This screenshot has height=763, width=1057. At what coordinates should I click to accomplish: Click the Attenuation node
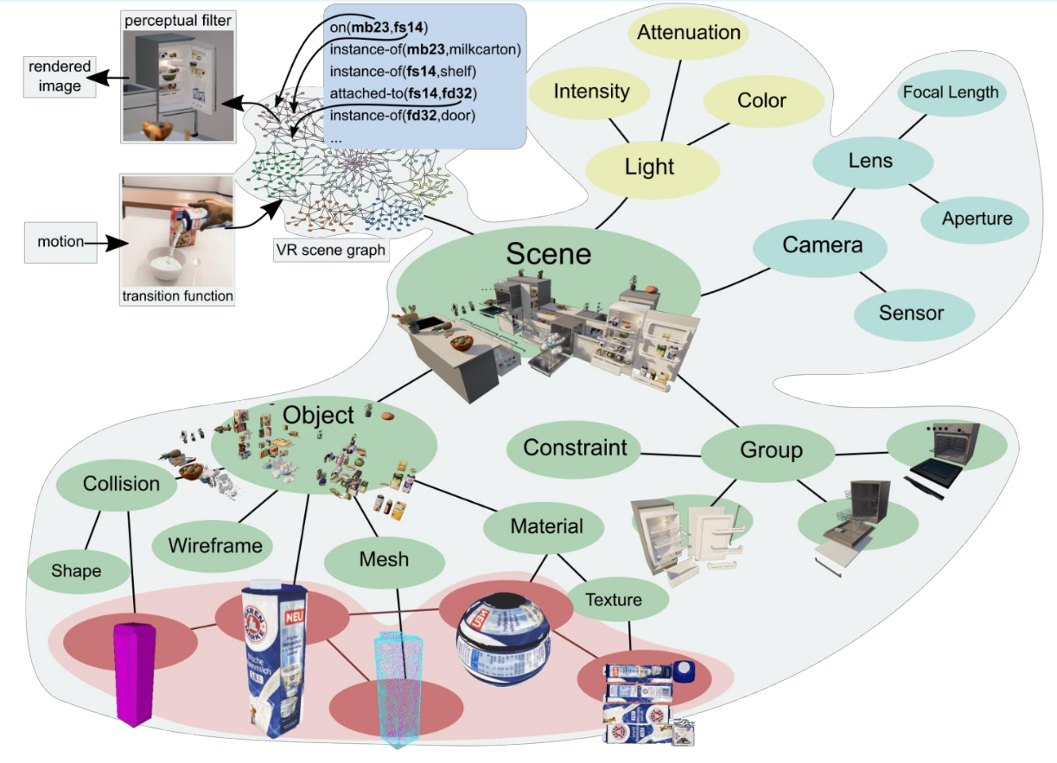[689, 34]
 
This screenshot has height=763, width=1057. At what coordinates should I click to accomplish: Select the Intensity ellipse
[591, 92]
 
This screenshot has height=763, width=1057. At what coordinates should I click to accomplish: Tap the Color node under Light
[761, 101]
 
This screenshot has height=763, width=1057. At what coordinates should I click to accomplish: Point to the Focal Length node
[950, 92]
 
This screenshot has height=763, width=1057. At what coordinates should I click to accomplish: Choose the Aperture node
[977, 219]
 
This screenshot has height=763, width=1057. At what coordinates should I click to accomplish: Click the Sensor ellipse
[911, 313]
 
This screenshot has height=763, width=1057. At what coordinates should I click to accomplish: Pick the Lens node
[870, 161]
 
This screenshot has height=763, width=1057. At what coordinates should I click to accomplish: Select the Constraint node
[575, 448]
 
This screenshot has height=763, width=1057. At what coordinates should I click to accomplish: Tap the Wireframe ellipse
[215, 545]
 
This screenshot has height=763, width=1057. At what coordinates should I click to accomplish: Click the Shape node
[76, 571]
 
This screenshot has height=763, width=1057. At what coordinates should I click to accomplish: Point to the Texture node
[614, 600]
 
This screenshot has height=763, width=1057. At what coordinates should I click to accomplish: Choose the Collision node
[121, 484]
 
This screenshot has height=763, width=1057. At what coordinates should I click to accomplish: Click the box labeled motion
[60, 242]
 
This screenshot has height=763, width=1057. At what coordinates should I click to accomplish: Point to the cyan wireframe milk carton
[399, 688]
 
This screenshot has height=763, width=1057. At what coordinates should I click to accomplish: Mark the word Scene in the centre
[549, 253]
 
